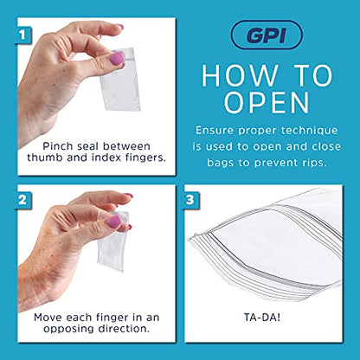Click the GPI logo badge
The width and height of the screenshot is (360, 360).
269,35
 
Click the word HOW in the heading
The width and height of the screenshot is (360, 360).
229,74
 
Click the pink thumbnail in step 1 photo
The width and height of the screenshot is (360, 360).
116,58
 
